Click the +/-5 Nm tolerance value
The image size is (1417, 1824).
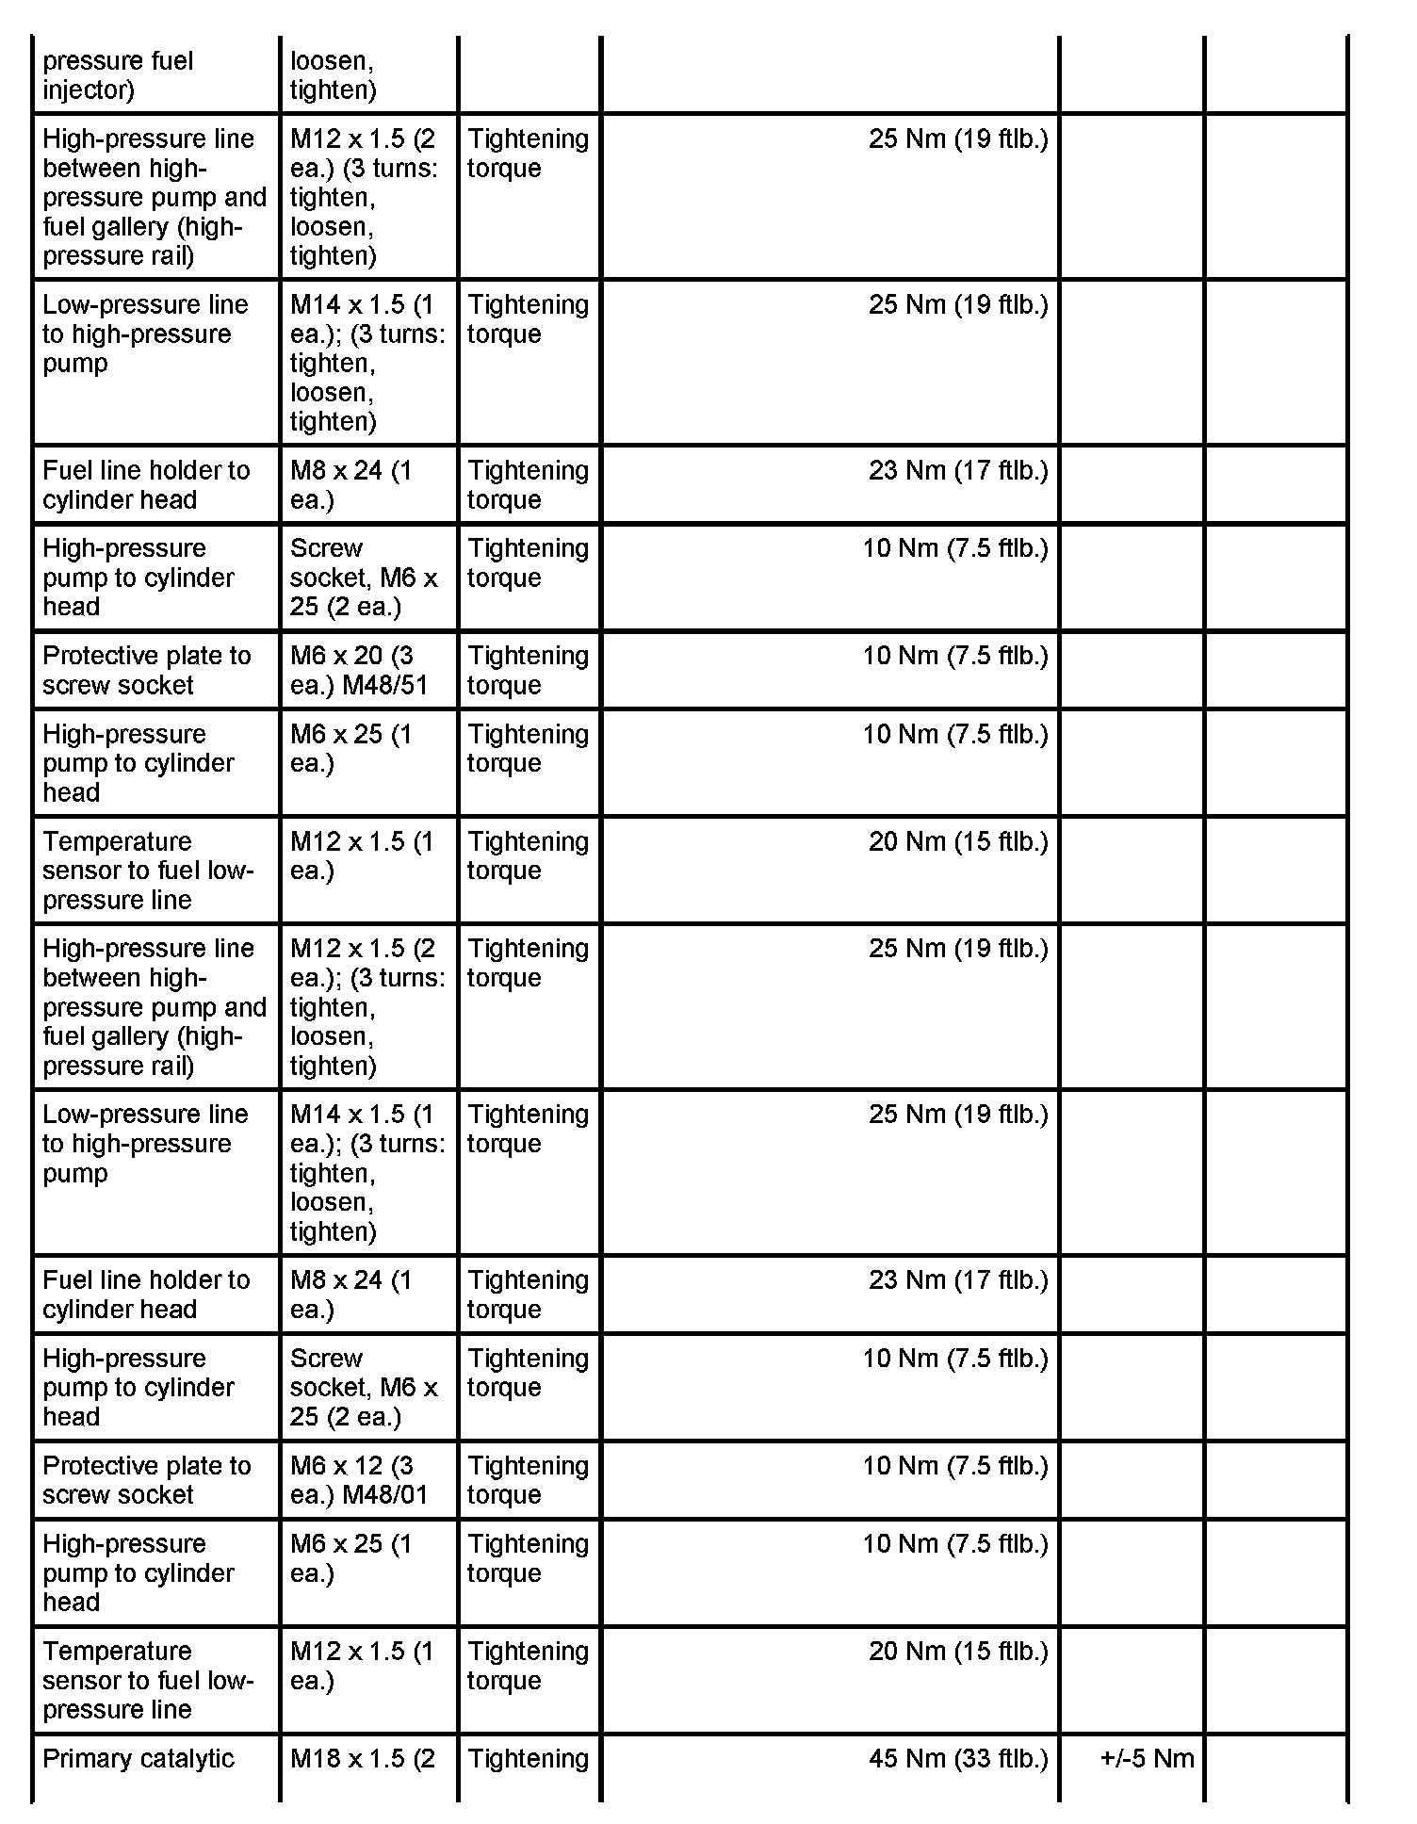(x=1147, y=1759)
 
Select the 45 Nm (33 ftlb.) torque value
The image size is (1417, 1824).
(x=958, y=1759)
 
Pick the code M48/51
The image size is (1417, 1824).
(x=385, y=685)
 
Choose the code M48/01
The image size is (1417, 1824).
(x=385, y=1495)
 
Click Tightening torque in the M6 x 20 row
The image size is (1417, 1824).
(x=528, y=670)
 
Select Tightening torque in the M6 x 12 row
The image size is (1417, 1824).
(x=528, y=1480)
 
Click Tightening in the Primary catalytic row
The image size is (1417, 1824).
(x=528, y=1759)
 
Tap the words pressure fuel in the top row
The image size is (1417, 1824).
(x=118, y=61)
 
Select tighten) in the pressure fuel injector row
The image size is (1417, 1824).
(x=333, y=90)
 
